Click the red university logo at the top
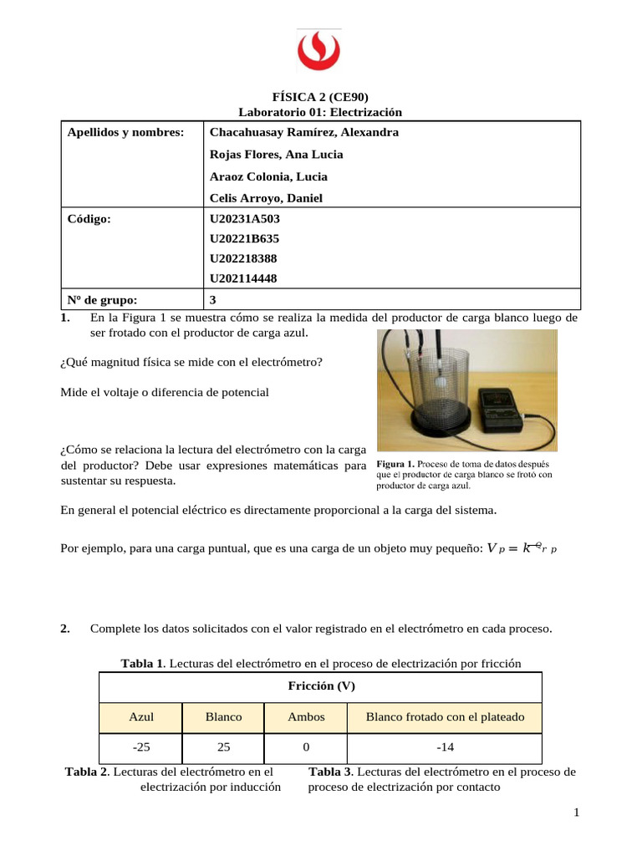(320, 52)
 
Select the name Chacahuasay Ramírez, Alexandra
(303, 132)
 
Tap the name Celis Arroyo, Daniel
(266, 198)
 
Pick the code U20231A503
(245, 219)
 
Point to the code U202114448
(244, 278)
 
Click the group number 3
(213, 299)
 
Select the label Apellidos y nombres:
(125, 132)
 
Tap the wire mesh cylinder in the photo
(429, 385)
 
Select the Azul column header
(141, 717)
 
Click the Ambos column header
(306, 717)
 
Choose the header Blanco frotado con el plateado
(445, 717)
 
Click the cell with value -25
(141, 747)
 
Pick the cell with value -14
(445, 747)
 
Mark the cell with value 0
(306, 747)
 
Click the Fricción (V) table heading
(321, 686)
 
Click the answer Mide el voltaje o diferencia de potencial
(166, 392)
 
